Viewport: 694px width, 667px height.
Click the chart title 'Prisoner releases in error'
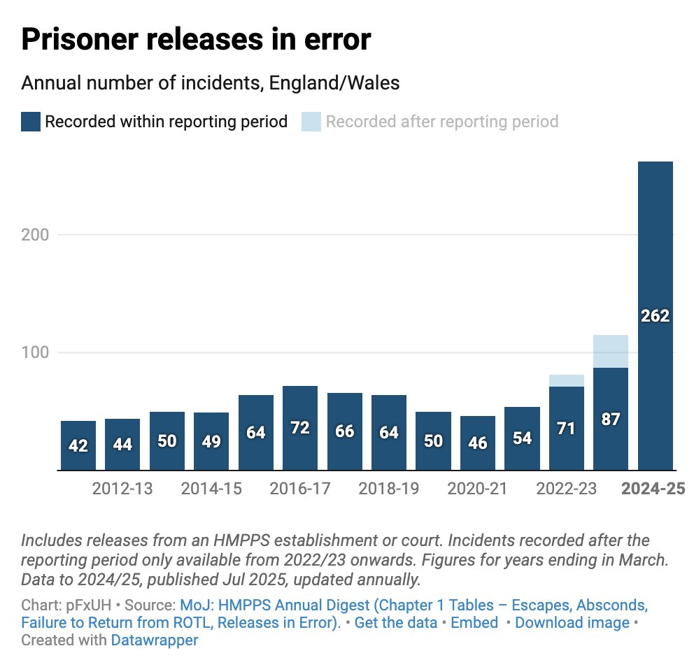tap(195, 41)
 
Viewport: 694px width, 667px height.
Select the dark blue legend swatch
tap(30, 122)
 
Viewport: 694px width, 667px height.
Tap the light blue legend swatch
tap(311, 122)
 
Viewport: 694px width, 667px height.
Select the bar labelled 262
tap(656, 316)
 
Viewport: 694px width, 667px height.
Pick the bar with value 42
tap(78, 445)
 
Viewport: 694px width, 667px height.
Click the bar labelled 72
tap(300, 428)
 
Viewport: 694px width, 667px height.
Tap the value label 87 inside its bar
tap(611, 419)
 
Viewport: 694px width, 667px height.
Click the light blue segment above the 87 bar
tap(611, 351)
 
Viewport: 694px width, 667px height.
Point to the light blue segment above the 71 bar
tap(567, 380)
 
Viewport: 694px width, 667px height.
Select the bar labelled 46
tap(478, 443)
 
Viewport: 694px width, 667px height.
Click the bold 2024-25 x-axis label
tap(654, 489)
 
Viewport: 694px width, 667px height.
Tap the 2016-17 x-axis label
tap(300, 489)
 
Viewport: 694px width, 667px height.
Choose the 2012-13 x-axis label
tap(122, 489)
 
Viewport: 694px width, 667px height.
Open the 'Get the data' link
tap(396, 622)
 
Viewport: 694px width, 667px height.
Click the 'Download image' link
tap(572, 622)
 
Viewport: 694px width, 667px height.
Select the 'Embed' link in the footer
tap(474, 622)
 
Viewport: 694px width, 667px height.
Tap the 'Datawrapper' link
tap(154, 640)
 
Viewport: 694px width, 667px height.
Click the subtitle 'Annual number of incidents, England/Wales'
tap(210, 83)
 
